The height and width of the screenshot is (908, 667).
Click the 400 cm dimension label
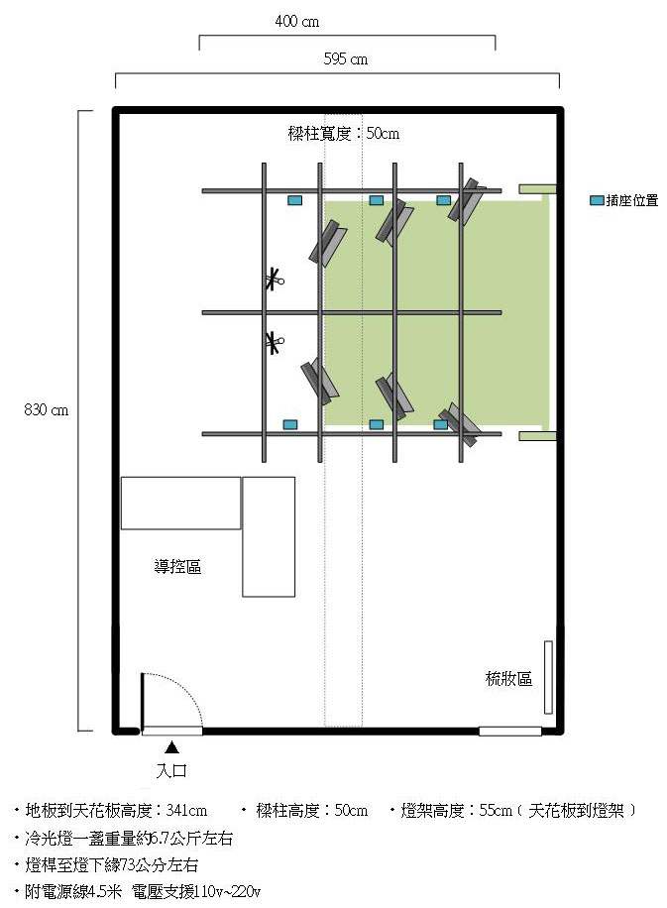pos(297,22)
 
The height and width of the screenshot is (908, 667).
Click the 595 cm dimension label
pos(346,59)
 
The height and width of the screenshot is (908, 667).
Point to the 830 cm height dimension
pos(47,410)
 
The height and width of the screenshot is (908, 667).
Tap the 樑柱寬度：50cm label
pos(344,134)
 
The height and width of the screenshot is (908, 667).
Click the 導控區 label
pos(177,566)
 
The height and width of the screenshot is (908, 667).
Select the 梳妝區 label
pos(509,678)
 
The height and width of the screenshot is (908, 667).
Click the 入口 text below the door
pos(172,771)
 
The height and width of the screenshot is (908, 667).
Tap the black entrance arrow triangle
pos(171,747)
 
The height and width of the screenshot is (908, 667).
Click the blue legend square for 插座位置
pos(597,200)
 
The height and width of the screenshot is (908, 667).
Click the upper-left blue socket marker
pos(294,200)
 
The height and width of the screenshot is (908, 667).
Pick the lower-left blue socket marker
pos(290,424)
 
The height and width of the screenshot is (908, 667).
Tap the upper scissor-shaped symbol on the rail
pos(274,280)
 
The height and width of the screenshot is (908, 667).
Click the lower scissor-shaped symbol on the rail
pos(274,342)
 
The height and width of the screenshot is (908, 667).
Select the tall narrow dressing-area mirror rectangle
pos(548,677)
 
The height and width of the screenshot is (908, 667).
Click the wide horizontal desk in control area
pos(180,504)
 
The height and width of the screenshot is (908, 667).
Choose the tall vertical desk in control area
pos(269,537)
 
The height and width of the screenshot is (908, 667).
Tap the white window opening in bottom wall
pos(510,732)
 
